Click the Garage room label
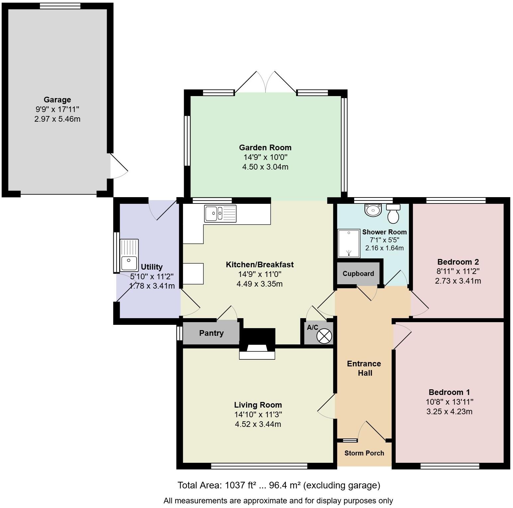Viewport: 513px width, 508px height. pos(57,100)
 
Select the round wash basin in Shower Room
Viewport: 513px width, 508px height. pos(373,210)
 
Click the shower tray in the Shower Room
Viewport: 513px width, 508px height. pos(349,244)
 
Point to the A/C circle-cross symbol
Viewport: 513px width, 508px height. pos(324,336)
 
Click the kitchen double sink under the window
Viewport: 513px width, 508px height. pos(221,213)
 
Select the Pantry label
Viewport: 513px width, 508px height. pos(211,333)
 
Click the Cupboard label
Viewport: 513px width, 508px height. pos(358,274)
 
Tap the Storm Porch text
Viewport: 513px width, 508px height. pos(364,453)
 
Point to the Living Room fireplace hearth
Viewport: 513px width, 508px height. pos(257,354)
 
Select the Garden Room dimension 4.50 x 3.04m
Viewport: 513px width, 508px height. pos(265,167)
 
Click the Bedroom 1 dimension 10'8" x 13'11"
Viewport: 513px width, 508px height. pos(449,402)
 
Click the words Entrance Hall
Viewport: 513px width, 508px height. pos(364,368)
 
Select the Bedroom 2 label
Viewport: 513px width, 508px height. pos(458,262)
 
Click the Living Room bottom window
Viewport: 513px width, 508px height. pos(259,466)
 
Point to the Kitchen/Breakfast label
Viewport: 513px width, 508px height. pos(259,265)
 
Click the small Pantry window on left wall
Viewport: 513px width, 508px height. pos(179,333)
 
